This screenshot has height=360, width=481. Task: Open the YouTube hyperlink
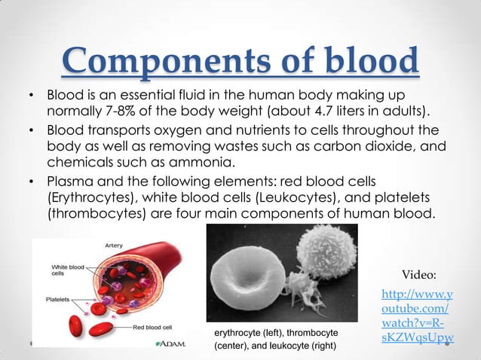(417, 317)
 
